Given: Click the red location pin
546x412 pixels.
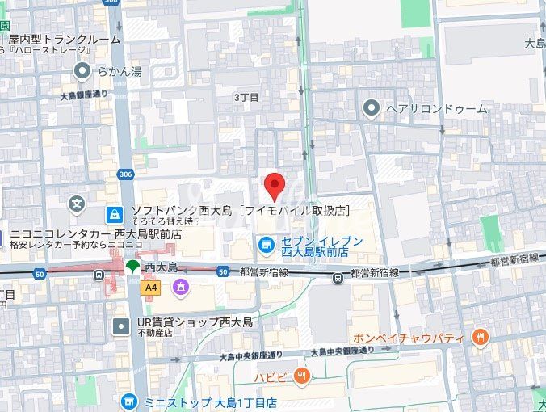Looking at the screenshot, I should [x=275, y=187].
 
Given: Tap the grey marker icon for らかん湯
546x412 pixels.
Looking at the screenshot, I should [x=82, y=72].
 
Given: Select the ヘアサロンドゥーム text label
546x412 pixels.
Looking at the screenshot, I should [x=437, y=108].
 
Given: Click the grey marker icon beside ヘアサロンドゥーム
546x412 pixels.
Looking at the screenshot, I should [x=372, y=107].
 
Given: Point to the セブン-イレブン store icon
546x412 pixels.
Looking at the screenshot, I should [x=265, y=242].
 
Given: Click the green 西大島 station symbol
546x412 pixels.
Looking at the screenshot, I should [x=132, y=267].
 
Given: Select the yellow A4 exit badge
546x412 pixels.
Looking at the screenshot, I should [x=150, y=287].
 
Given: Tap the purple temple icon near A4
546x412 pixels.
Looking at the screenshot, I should [x=179, y=287].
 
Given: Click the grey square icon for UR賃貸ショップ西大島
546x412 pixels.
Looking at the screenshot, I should [x=121, y=326].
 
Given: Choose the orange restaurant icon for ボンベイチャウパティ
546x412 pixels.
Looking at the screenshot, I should [x=481, y=337].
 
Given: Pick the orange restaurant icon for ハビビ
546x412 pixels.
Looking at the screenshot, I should [x=302, y=374].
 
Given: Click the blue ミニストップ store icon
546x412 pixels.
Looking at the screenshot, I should [x=128, y=401].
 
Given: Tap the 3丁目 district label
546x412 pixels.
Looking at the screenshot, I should [x=246, y=97].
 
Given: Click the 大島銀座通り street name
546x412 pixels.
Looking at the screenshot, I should [x=84, y=95].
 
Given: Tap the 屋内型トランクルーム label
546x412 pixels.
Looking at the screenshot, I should [x=65, y=39].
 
